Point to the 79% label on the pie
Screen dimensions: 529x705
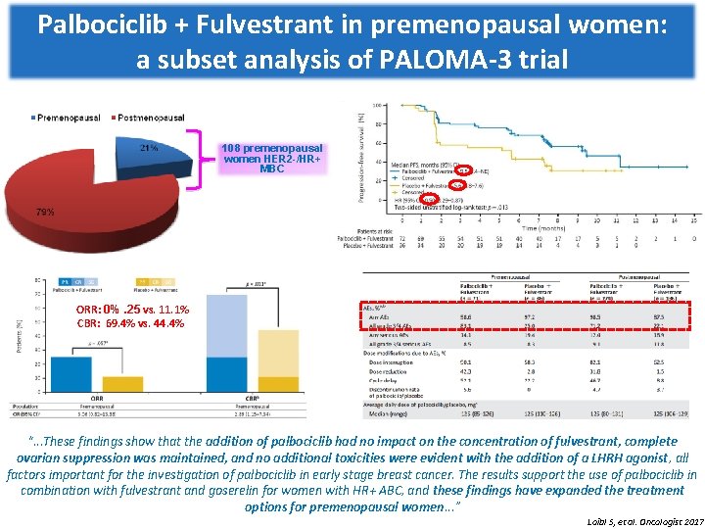[45, 212]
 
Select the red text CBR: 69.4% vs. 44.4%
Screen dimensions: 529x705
[130, 323]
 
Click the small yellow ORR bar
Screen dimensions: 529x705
[122, 383]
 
